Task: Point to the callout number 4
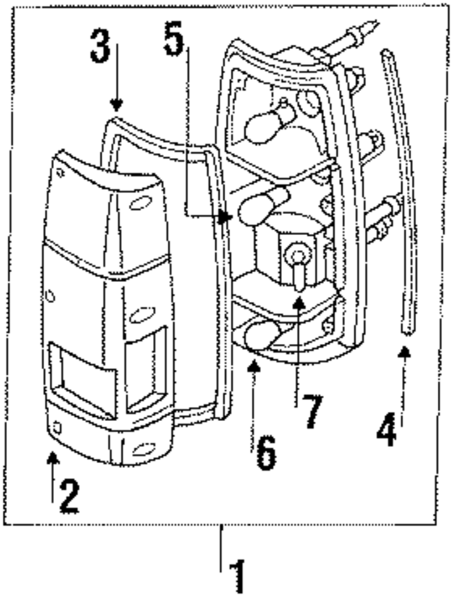tap(387, 430)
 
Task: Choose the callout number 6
tap(266, 453)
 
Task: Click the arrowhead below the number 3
tap(117, 106)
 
